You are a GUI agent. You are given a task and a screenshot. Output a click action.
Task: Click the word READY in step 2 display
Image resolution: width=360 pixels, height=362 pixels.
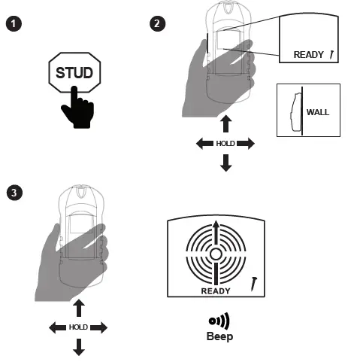tap(309, 54)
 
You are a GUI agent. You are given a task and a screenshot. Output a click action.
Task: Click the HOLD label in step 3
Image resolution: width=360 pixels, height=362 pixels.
tap(78, 327)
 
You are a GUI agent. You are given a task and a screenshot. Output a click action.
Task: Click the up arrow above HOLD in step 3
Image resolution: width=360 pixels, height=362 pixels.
tap(78, 307)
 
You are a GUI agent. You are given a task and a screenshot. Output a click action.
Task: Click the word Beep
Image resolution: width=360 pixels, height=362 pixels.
tap(219, 336)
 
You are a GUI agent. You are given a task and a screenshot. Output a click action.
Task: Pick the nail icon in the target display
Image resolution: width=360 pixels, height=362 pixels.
tap(255, 283)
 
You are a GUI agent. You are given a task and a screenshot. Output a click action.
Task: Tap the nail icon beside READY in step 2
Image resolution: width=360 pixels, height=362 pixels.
tap(331, 53)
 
